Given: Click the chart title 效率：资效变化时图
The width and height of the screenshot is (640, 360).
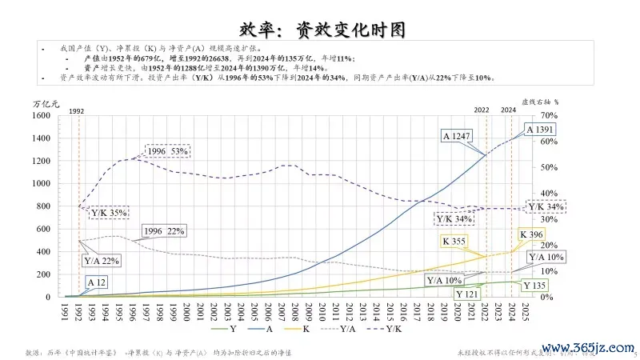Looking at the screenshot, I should click(321, 30).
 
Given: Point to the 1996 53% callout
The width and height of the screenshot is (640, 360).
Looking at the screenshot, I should click(167, 151).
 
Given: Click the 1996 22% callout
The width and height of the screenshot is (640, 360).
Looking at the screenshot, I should click(164, 231).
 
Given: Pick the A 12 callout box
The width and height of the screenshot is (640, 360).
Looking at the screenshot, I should click(97, 282).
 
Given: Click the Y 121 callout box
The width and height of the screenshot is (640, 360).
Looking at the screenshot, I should click(468, 294).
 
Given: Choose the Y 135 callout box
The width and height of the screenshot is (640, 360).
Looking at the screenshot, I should click(535, 286).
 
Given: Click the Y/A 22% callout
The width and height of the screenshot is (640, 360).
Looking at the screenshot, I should click(101, 261).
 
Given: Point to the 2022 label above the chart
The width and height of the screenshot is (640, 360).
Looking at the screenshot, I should click(482, 109).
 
